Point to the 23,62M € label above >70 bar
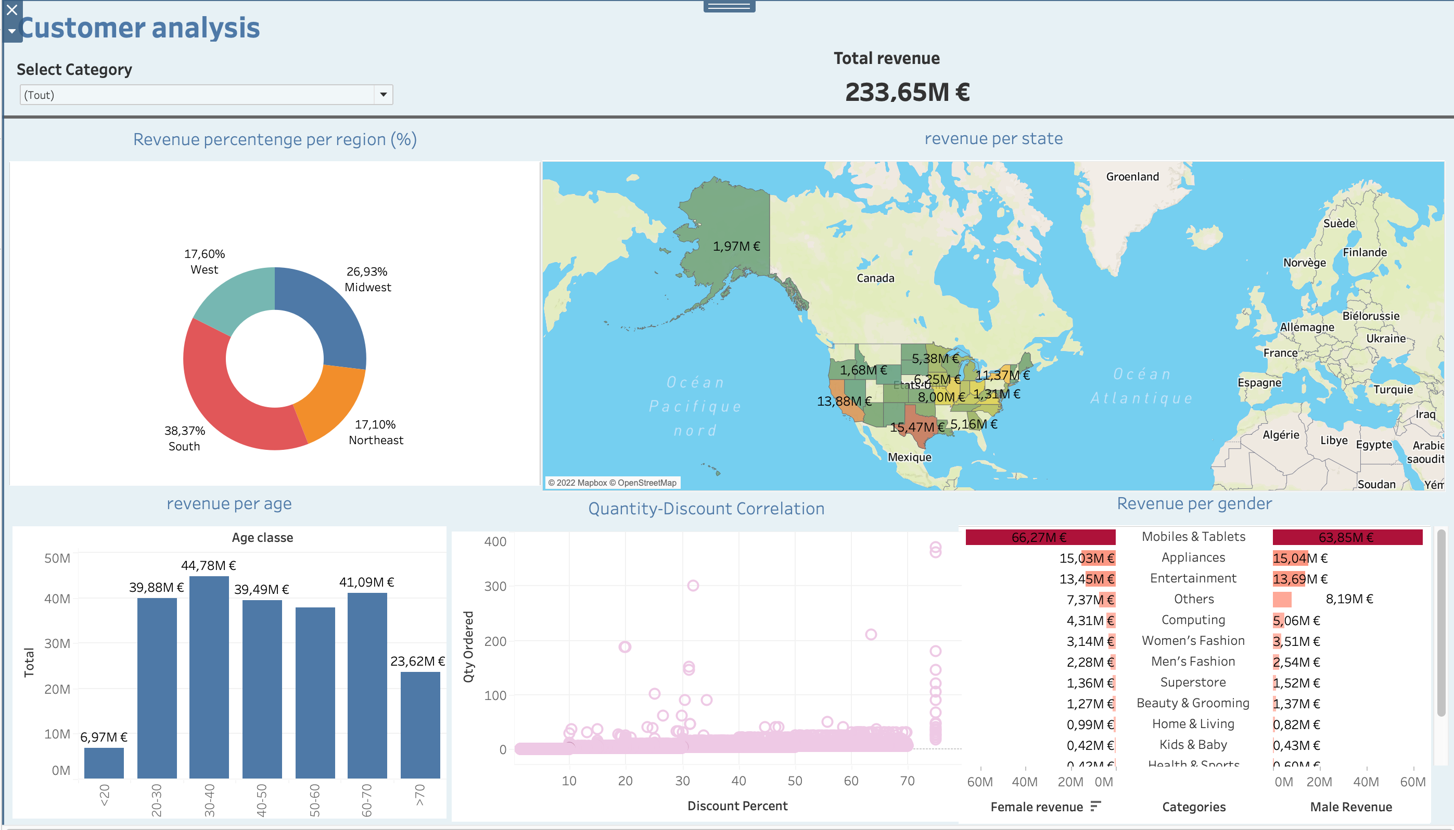point(417,662)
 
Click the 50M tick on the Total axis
point(57,558)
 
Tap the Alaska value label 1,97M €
point(736,247)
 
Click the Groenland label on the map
point(1132,177)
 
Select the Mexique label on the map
point(909,457)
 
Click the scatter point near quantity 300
point(693,586)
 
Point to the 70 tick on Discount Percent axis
point(907,781)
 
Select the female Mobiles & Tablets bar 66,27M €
point(1040,537)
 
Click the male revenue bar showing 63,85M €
point(1347,537)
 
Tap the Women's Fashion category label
point(1193,641)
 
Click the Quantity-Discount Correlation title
point(706,509)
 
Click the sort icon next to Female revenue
point(1095,806)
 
